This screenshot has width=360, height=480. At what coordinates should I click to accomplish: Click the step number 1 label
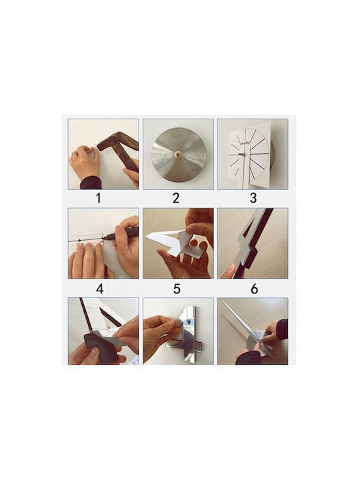point(98,198)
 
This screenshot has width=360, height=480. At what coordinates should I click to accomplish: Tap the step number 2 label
point(176,198)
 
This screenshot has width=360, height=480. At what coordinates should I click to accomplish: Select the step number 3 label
point(253,198)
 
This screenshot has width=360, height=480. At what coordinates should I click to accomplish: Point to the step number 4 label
point(99,289)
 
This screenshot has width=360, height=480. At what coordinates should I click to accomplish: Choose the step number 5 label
point(177,289)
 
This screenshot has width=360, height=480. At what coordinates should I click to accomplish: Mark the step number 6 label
point(254,289)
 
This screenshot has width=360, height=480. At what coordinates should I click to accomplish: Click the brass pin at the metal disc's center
point(177,155)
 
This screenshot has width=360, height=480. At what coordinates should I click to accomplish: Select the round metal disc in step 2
point(179,154)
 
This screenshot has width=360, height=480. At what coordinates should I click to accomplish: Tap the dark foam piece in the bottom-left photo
point(101,347)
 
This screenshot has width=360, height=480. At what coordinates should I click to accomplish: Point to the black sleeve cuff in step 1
point(91,183)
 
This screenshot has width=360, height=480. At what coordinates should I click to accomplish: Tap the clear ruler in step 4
point(89,243)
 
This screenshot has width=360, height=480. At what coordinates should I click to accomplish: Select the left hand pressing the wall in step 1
point(85,161)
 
